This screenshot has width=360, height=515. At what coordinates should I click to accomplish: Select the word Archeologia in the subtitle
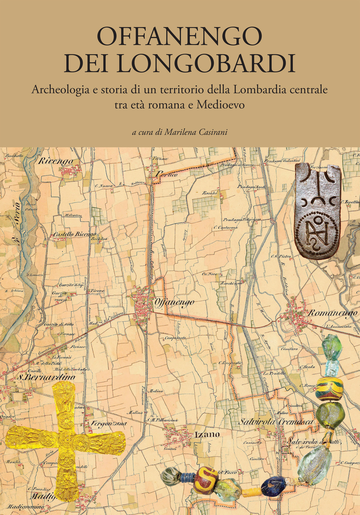coord(60,89)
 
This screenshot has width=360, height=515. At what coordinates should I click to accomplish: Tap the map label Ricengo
coord(55,161)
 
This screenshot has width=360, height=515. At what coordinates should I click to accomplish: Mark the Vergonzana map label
coord(107,423)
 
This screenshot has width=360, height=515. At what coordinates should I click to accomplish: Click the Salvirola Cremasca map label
coord(276,422)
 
